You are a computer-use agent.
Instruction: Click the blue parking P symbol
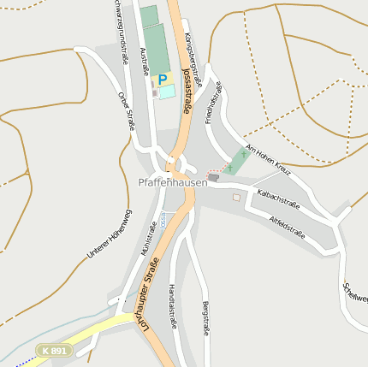[163, 80]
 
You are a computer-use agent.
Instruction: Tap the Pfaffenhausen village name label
[173, 182]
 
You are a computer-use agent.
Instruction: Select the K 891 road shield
[53, 350]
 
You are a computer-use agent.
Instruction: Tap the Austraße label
[143, 61]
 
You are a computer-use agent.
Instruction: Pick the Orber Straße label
[127, 110]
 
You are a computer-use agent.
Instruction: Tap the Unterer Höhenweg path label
[110, 234]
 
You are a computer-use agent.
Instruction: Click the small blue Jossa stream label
[163, 220]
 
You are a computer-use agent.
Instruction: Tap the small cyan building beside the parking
[167, 92]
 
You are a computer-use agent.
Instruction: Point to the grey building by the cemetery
[213, 177]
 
